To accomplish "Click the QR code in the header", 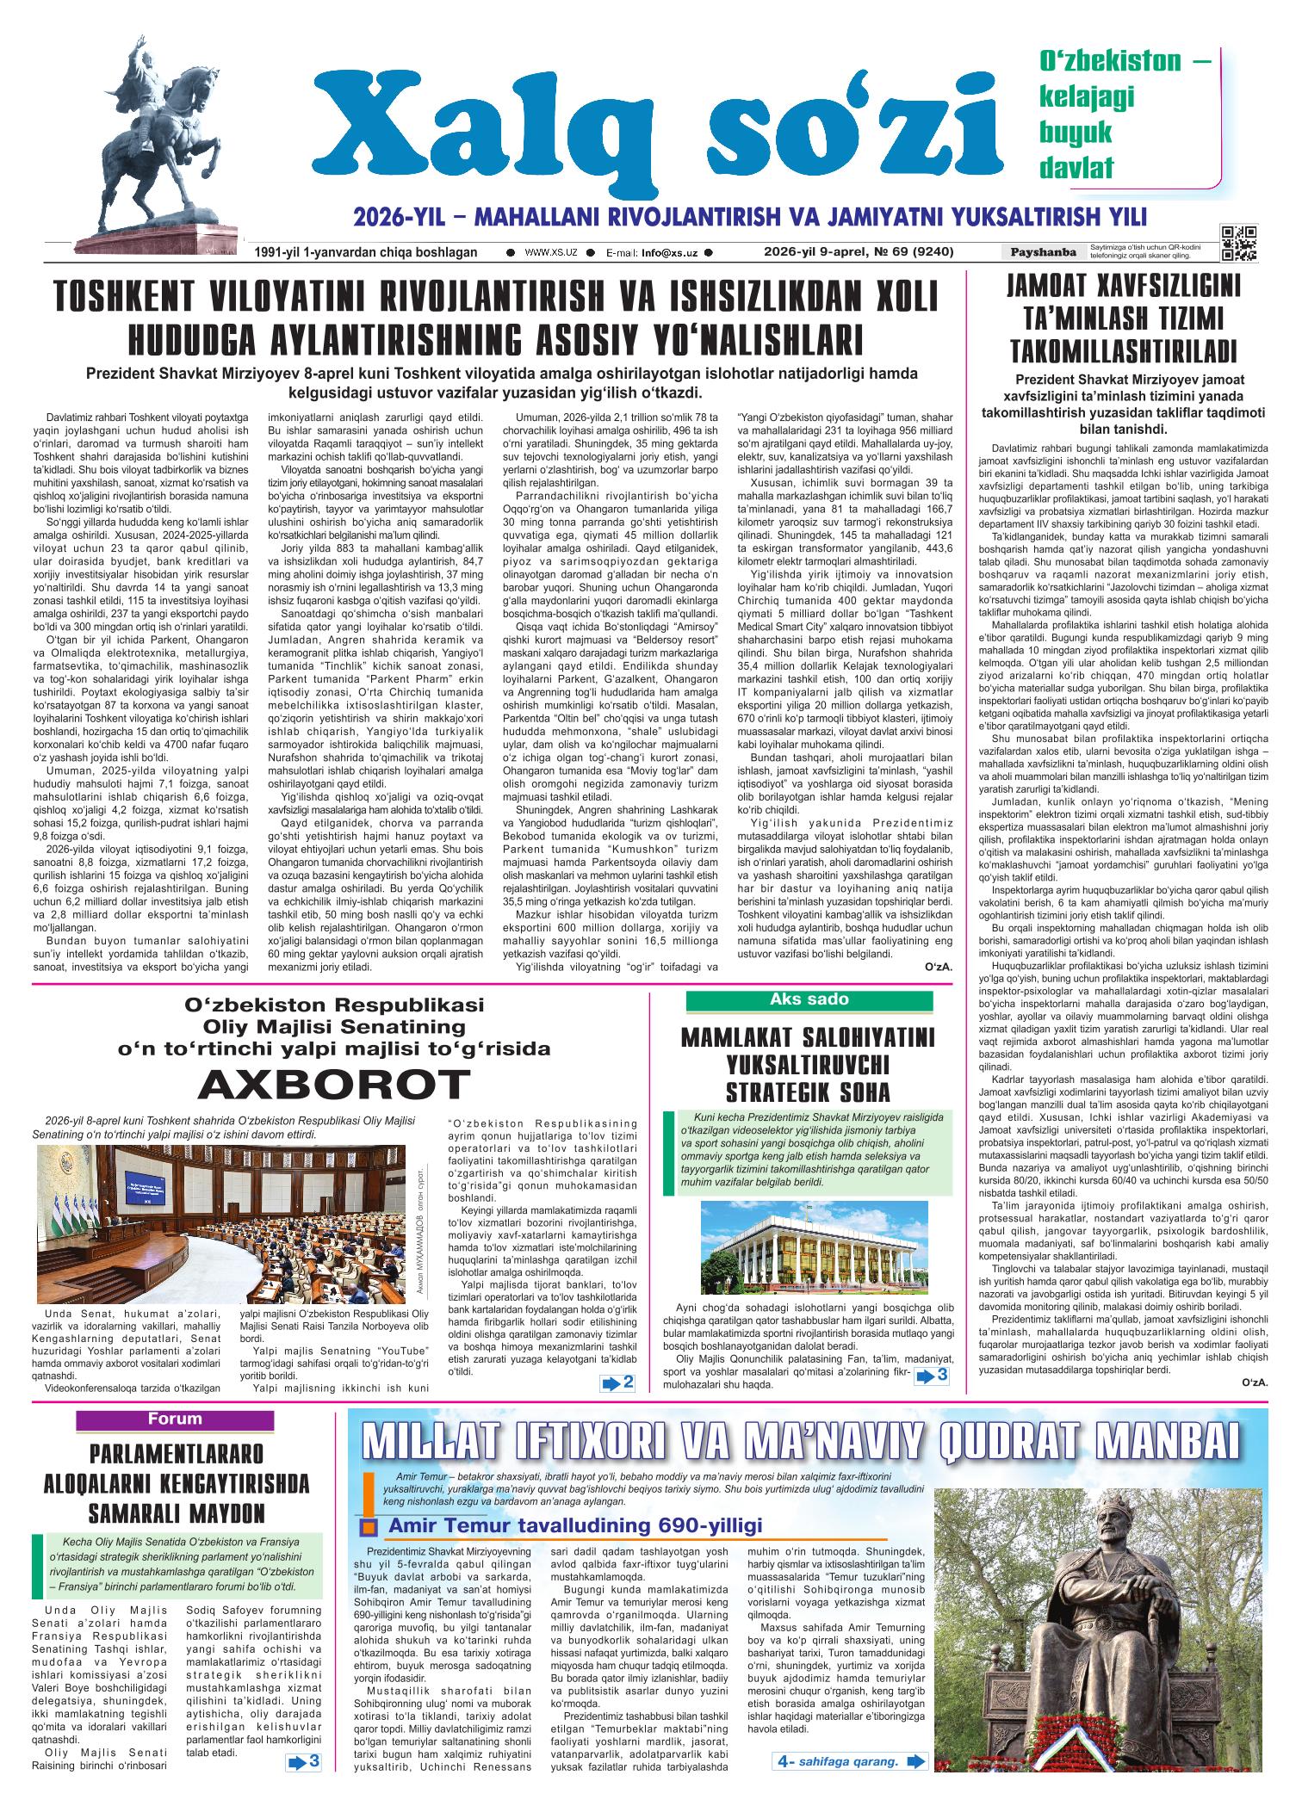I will [x=1238, y=243].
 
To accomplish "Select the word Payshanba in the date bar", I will [x=1044, y=252].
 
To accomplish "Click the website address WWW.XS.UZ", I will [x=550, y=253].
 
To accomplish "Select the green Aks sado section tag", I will [x=809, y=1000].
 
